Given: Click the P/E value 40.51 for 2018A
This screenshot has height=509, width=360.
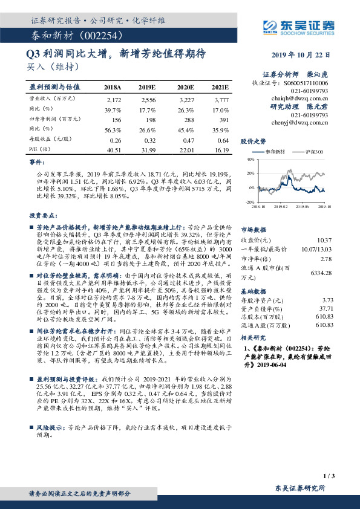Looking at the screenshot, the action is point(114,149).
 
